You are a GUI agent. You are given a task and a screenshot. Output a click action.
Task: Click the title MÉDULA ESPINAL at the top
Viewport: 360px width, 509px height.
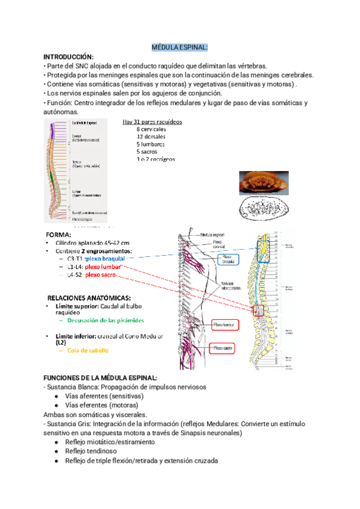click(179, 47)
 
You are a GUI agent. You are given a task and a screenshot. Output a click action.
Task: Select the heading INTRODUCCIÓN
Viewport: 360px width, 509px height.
click(69, 57)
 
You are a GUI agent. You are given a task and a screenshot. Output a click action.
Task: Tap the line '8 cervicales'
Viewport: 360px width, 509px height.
click(151, 129)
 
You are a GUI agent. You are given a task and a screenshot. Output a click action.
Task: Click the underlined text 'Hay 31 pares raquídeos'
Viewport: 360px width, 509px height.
click(152, 122)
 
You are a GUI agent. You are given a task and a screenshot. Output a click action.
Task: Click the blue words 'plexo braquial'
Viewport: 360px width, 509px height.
click(100, 258)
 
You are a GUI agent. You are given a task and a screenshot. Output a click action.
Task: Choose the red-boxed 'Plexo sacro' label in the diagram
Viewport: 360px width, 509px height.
click(222, 348)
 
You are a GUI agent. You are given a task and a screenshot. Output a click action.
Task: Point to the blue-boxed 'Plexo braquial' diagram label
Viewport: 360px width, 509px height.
click(228, 259)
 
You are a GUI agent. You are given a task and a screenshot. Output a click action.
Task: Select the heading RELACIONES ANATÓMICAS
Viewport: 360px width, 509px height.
click(89, 297)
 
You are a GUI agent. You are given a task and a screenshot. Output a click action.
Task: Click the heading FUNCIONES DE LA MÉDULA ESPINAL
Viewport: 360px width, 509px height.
click(101, 378)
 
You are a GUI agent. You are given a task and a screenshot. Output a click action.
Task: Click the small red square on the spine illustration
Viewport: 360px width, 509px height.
click(259, 310)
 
